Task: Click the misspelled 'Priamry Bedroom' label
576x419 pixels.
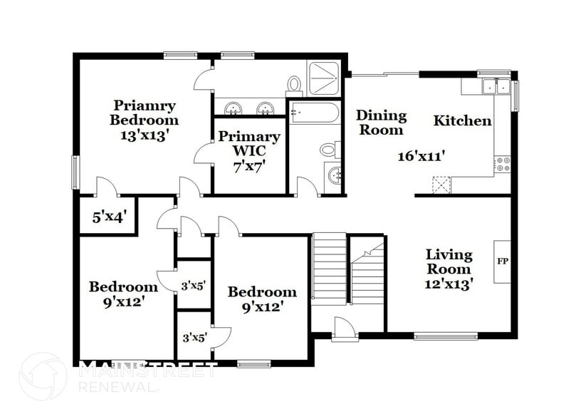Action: (144, 113)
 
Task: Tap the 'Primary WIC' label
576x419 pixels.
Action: (249, 143)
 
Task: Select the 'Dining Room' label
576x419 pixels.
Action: (381, 122)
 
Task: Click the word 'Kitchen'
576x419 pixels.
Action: (462, 120)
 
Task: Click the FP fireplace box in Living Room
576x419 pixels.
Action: (502, 262)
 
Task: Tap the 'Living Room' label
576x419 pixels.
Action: (449, 262)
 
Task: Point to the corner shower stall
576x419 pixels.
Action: (324, 78)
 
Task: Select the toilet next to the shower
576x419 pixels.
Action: (294, 86)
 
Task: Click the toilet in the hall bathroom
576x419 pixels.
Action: (328, 150)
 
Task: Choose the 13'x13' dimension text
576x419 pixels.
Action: (144, 135)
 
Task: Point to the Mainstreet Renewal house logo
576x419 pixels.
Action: (43, 376)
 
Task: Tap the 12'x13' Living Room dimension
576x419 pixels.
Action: (449, 283)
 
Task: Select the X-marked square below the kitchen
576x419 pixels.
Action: (441, 185)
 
